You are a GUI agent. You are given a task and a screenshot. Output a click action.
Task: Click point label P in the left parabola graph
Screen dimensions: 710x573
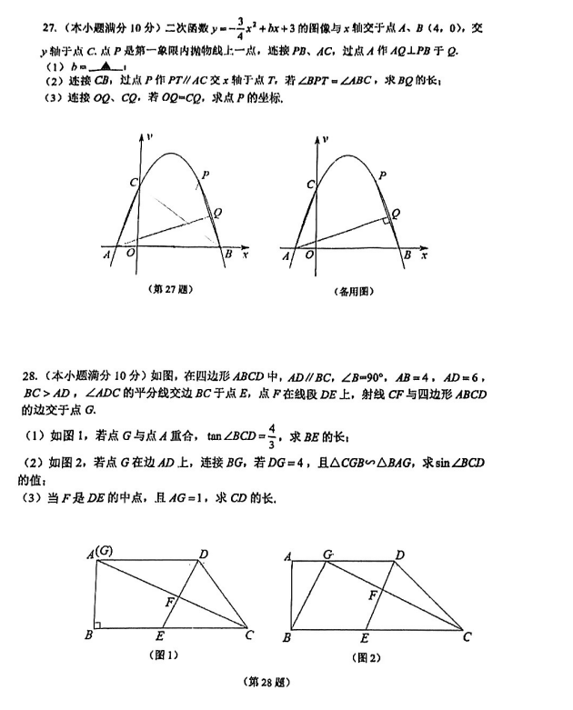206,173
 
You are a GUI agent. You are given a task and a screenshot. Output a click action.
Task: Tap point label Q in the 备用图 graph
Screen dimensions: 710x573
395,212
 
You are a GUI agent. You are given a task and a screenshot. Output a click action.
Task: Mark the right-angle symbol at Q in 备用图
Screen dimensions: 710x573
387,219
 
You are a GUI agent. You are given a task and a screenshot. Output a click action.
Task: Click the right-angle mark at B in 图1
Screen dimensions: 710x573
99,624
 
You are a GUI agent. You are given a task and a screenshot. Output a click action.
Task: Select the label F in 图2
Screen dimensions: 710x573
372,595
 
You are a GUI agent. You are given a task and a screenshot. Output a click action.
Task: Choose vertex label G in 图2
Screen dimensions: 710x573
327,554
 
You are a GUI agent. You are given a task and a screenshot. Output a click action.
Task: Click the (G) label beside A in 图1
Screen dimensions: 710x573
106,552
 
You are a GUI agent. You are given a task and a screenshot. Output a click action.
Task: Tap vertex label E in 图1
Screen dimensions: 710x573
160,636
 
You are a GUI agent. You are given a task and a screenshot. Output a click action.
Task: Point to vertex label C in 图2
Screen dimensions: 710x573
467,636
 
